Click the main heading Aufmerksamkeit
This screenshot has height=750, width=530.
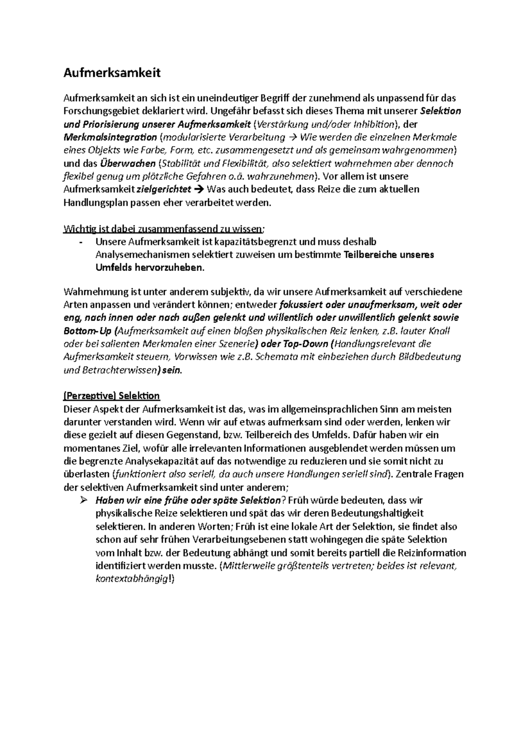112,73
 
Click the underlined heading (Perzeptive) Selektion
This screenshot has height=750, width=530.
112,395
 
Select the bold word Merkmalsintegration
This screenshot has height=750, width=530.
110,137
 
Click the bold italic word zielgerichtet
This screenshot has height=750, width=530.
164,189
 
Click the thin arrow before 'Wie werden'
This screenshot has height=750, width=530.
292,137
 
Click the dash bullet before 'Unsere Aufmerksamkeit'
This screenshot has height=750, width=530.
80,242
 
